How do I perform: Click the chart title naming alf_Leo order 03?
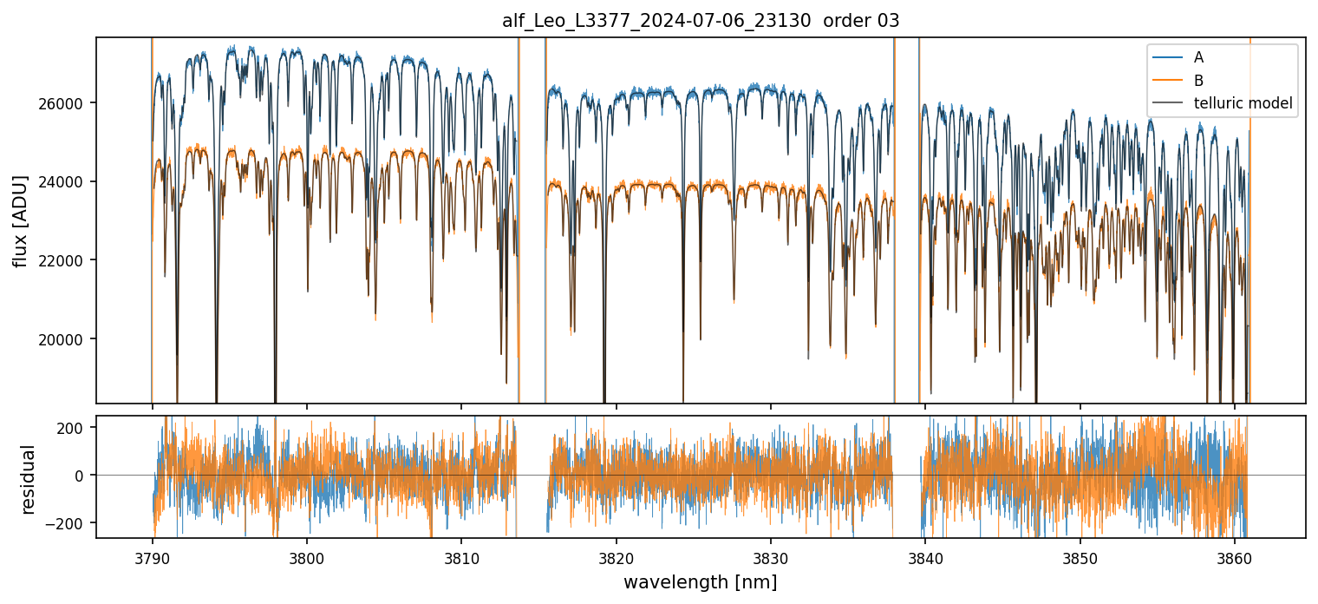[701, 22]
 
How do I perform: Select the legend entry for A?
[1198, 57]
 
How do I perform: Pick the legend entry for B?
[1198, 81]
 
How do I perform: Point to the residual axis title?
[29, 479]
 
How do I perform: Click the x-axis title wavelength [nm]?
[700, 581]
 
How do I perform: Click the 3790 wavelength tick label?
[153, 555]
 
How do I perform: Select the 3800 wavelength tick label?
[307, 555]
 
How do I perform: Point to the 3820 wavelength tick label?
[616, 555]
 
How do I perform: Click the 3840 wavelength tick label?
[925, 555]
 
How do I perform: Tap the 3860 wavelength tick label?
[1234, 555]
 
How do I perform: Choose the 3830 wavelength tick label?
[771, 555]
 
